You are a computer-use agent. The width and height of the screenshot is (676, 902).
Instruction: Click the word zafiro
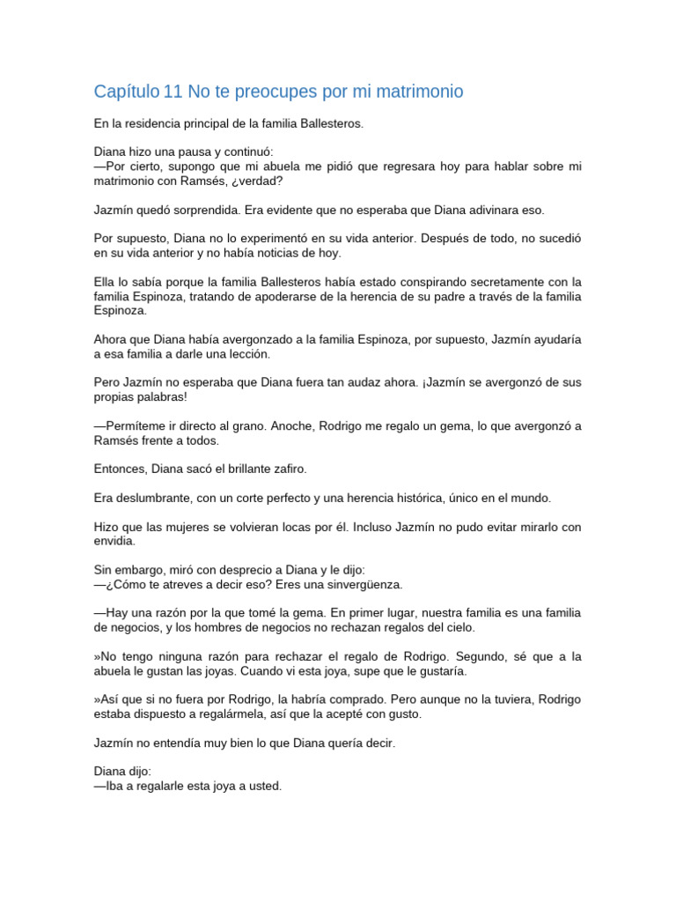coord(288,469)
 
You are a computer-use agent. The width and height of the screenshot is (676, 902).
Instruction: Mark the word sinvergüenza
coord(350,584)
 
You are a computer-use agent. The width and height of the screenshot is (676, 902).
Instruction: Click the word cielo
coord(457,627)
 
